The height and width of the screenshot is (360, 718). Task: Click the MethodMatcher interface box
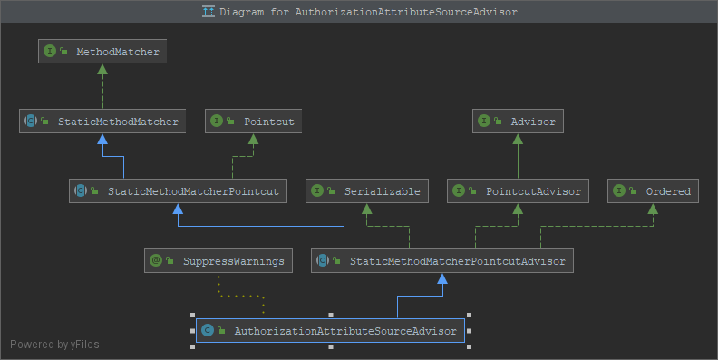102,52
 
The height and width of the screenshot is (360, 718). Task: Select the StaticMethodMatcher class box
102,121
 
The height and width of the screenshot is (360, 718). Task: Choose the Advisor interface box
518,121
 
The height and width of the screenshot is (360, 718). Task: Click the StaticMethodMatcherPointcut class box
179,191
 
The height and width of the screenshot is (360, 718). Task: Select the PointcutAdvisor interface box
518,191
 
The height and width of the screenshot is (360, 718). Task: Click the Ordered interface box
653,191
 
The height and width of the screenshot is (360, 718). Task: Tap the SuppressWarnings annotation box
218,261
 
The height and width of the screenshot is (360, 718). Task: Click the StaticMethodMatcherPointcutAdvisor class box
441,261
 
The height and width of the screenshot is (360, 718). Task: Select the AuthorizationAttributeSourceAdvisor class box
330,331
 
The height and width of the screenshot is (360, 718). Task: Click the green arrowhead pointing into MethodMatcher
102,69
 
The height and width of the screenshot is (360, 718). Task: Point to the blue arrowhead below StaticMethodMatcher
102,139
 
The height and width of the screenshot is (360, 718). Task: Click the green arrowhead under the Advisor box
518,139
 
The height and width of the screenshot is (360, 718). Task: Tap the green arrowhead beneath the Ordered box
653,209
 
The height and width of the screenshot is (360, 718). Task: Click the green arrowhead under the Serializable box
366,209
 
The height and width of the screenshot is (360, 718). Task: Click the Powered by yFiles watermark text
54,345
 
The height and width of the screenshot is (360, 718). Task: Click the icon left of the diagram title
209,13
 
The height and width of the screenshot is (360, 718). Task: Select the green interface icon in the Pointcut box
218,121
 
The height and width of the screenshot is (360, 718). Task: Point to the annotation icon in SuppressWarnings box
157,261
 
